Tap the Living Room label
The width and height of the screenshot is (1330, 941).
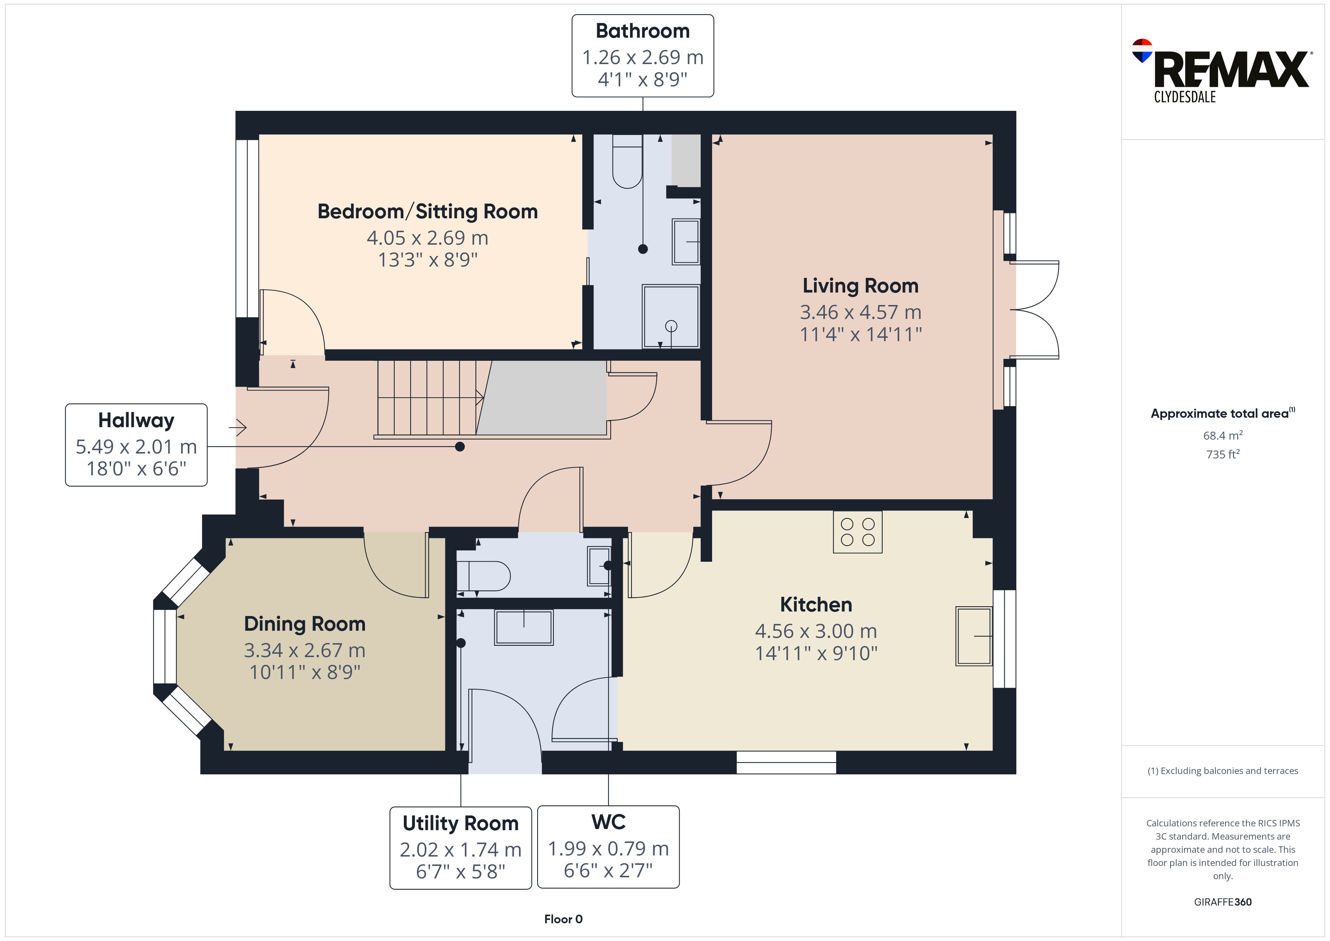860,286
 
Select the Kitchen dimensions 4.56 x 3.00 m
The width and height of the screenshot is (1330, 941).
816,631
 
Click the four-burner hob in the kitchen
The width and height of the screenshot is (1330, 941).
857,532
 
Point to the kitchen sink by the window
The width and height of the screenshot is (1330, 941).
974,636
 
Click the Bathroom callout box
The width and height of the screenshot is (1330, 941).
642,56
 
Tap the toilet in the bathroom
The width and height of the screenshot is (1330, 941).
627,161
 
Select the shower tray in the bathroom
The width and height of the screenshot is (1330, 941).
670,316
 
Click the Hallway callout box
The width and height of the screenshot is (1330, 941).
136,444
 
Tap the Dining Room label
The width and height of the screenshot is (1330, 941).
305,624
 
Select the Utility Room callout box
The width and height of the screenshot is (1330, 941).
461,848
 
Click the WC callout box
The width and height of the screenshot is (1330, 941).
608,846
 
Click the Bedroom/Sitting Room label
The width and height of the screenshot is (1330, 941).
427,211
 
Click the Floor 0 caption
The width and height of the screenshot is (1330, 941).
563,919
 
